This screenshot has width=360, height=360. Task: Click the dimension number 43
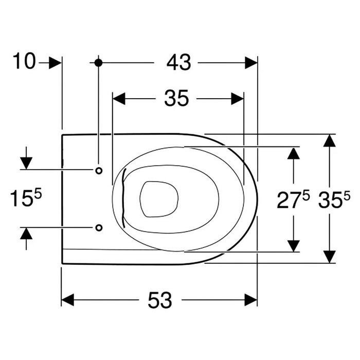(x=178, y=62)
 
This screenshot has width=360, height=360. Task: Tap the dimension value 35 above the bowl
(x=176, y=98)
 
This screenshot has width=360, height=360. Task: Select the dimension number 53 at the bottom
(x=160, y=300)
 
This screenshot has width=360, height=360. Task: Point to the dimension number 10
(x=24, y=61)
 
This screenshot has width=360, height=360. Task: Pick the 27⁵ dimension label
(x=293, y=200)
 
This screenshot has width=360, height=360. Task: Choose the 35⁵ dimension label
(x=334, y=200)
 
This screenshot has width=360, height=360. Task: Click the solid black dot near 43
(x=98, y=63)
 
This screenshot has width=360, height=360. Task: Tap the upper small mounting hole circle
(x=99, y=171)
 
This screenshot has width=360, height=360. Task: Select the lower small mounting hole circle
(x=99, y=227)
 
